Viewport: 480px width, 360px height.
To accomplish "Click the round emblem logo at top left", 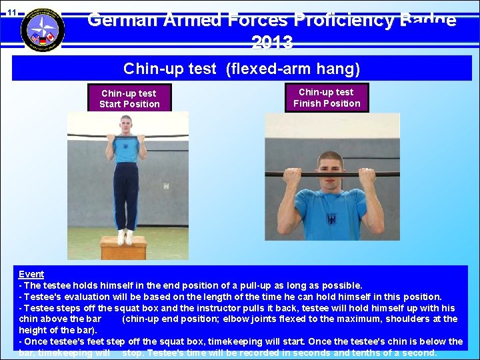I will [43, 30].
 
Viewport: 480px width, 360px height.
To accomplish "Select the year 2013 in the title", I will [272, 43].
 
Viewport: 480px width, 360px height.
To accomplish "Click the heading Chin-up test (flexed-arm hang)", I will [241, 68].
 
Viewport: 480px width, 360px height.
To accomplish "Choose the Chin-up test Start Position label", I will [129, 99].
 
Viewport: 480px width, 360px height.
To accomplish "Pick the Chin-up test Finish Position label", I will [327, 97].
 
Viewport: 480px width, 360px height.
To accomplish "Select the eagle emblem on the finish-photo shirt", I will [331, 219].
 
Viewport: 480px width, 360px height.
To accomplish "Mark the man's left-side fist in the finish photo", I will [291, 175].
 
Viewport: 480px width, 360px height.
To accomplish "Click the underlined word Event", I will [31, 274].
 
